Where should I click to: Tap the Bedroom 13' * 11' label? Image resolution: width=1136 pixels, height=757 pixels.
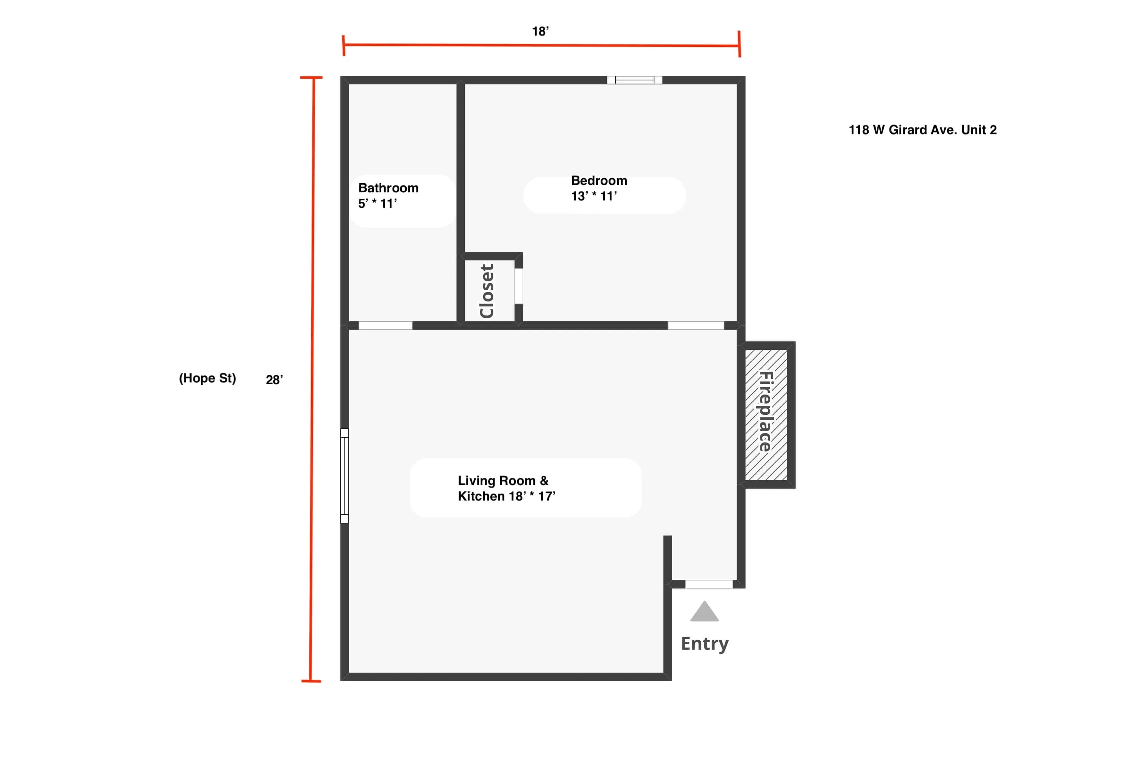[x=599, y=188]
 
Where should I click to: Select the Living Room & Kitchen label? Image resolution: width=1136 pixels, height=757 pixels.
[x=507, y=488]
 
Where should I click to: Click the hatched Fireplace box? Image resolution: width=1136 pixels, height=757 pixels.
[x=766, y=415]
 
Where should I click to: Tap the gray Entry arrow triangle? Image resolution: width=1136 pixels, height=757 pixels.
[x=704, y=611]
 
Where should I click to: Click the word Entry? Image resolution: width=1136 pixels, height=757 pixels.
[x=705, y=644]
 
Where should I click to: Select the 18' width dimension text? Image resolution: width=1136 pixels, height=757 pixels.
[x=540, y=31]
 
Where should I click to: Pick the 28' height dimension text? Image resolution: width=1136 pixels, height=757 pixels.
[x=274, y=380]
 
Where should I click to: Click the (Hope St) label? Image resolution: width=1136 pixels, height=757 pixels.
[x=208, y=378]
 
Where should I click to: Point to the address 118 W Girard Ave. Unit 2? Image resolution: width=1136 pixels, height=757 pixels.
[x=922, y=130]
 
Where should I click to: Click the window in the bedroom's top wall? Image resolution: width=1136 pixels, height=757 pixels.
[x=635, y=80]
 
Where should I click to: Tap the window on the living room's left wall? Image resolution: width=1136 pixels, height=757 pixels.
[x=344, y=476]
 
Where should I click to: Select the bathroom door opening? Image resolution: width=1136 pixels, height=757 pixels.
[x=385, y=326]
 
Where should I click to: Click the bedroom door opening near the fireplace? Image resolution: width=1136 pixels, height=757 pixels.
[x=696, y=326]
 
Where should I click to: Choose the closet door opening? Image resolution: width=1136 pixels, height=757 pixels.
[x=519, y=286]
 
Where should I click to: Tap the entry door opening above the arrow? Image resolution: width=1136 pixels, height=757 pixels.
[x=709, y=584]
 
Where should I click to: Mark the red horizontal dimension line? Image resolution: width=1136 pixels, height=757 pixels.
[x=541, y=45]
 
